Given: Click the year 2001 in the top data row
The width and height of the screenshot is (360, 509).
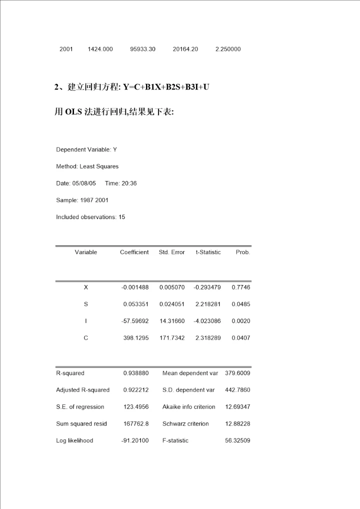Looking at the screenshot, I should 66,49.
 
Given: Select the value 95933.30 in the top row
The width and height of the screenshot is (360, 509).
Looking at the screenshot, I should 142,49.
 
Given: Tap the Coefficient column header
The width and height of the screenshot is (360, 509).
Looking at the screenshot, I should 134,252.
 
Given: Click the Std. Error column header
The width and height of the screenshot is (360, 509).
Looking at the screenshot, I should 171,252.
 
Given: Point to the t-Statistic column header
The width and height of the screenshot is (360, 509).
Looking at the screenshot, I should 208,252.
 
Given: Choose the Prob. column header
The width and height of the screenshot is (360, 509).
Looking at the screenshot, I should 242,252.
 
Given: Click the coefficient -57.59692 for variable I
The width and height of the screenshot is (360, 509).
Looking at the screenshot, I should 135,321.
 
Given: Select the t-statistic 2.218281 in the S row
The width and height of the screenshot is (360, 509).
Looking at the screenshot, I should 207,304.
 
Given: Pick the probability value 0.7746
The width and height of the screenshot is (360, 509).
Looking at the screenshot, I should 241,287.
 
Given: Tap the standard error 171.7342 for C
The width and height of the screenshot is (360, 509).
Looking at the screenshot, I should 172,338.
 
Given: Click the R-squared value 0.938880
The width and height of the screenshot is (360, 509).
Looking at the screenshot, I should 136,373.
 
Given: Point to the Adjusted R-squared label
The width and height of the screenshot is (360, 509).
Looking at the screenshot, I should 82,390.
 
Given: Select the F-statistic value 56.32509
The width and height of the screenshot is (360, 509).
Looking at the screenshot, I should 237,440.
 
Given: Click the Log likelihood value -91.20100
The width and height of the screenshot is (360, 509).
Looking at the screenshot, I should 135,440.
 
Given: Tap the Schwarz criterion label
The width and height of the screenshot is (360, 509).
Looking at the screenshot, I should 185,423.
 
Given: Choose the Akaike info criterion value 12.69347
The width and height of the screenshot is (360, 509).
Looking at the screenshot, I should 237,407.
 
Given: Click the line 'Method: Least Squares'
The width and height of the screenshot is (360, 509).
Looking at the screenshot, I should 87,166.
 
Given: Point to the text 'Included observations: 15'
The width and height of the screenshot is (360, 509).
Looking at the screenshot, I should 90,217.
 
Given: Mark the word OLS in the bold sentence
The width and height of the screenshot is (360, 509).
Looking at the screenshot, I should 73,112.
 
